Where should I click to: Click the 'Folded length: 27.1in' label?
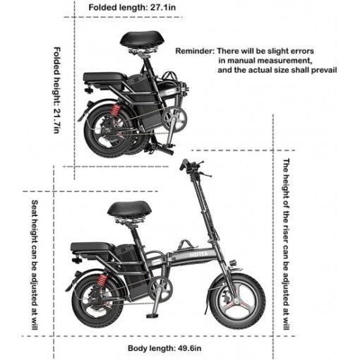[x=132, y=7]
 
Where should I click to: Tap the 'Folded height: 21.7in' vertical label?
[x=56, y=90]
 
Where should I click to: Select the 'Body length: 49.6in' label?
[x=164, y=348]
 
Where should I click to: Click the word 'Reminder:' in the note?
[x=195, y=51]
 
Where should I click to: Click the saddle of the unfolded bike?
[x=129, y=208]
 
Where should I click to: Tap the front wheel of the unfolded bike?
[x=238, y=301]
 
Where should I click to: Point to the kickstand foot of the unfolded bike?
[x=152, y=316]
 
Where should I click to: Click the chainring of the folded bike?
[x=174, y=119]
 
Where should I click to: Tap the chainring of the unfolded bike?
[x=160, y=289]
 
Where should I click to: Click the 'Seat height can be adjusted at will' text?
[x=35, y=265]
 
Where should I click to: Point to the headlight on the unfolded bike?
[x=233, y=263]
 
